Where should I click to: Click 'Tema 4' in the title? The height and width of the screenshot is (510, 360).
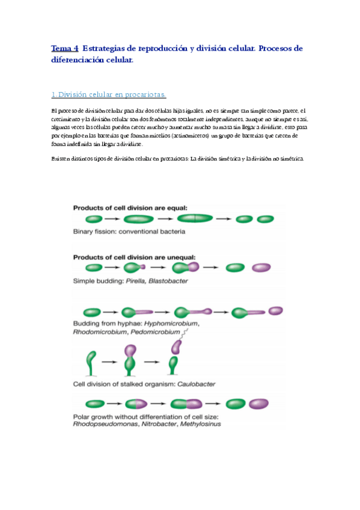(64, 49)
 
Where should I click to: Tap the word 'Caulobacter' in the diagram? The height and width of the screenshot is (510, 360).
(196, 383)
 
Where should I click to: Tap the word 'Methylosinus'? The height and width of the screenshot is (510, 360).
(201, 424)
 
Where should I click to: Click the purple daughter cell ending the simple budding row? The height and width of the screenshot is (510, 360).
(261, 268)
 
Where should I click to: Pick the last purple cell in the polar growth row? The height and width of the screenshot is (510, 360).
(259, 404)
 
